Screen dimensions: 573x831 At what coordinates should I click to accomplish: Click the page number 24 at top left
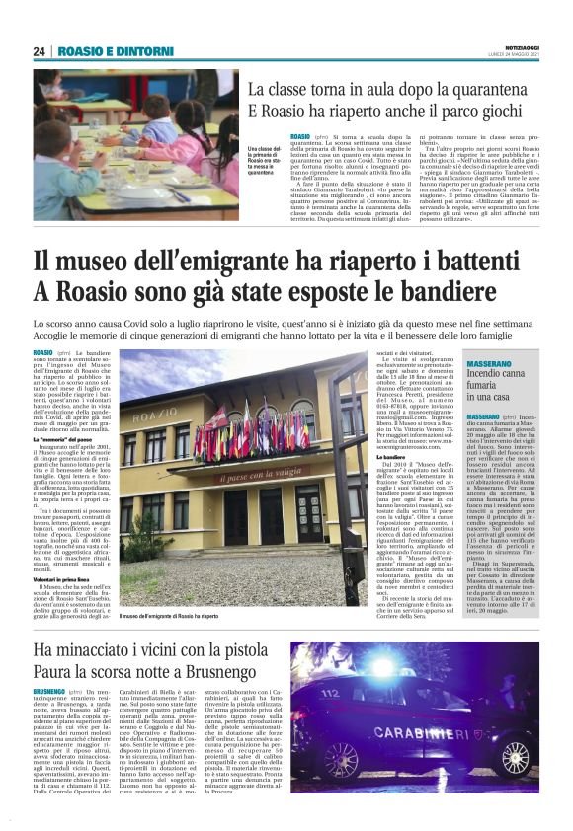39,51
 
